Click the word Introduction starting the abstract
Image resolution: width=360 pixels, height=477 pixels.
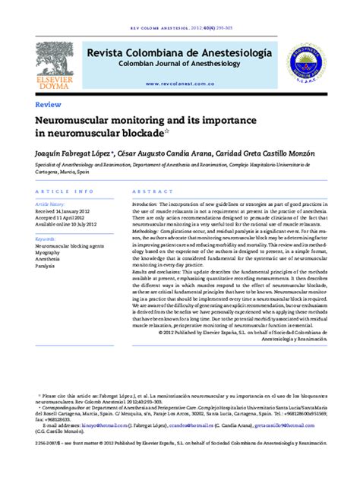(x=150, y=205)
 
